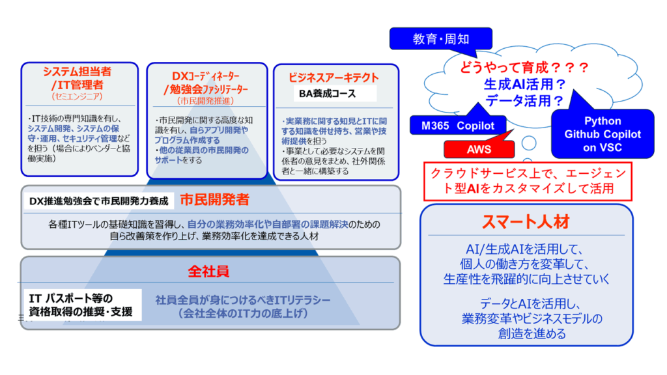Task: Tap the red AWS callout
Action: coord(479,149)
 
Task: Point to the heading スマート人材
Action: coord(526,222)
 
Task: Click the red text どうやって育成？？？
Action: coord(524,67)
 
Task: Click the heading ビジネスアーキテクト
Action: coord(333,77)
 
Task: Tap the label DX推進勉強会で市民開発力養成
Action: coord(98,201)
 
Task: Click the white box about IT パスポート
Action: coord(83,305)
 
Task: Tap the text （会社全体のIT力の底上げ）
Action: coord(243,314)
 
